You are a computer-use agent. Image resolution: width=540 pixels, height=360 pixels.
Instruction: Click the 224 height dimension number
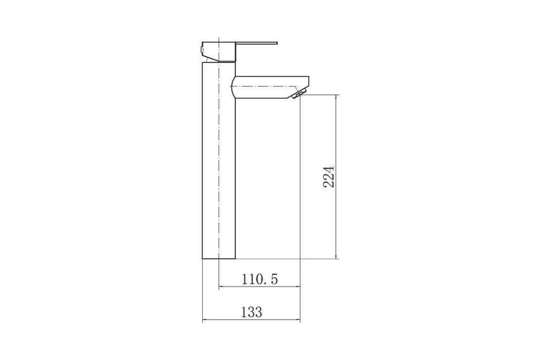tap(329, 176)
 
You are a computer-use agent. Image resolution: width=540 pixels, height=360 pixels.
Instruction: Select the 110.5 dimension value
tap(260, 279)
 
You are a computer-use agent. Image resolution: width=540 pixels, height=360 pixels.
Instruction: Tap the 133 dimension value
tap(252, 312)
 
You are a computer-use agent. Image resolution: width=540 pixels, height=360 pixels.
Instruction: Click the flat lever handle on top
tap(256, 43)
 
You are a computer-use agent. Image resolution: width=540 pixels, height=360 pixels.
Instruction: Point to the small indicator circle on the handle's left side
tap(202, 49)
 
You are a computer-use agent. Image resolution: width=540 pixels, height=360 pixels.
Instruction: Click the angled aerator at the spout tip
tap(299, 93)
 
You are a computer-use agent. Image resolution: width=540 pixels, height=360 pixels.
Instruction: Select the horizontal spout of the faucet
tap(270, 87)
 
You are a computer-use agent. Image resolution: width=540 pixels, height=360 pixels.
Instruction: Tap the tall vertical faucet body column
tap(219, 160)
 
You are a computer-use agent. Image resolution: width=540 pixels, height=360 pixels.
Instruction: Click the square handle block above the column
tap(219, 52)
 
